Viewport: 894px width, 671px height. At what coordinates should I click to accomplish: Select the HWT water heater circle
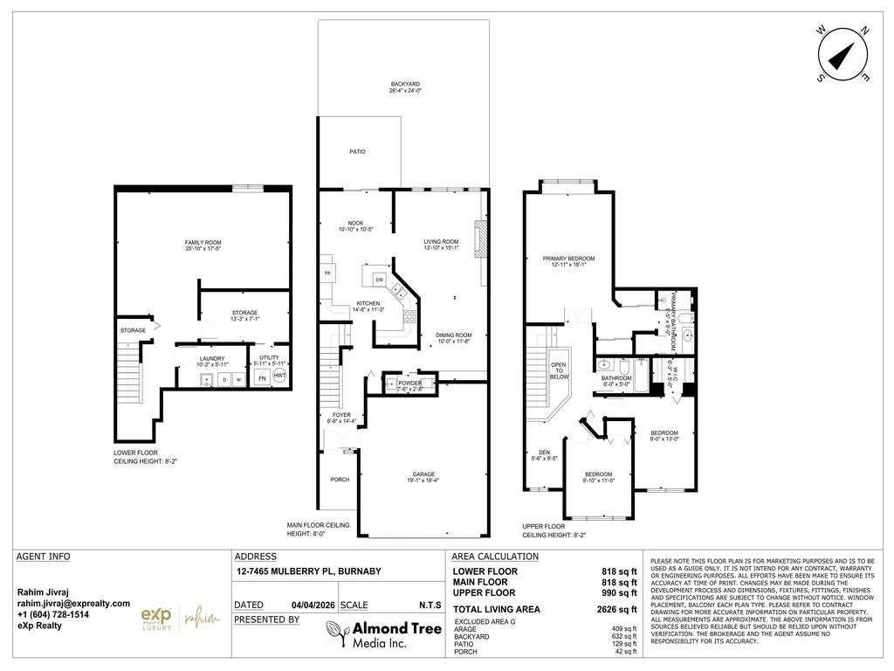pos(279,377)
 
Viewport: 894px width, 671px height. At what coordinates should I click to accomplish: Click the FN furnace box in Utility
pos(261,377)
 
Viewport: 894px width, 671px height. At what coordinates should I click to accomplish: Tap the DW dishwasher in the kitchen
pos(380,280)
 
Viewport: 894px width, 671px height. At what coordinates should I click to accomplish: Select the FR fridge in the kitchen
pos(327,273)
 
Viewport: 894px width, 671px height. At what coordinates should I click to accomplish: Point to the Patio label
pos(357,152)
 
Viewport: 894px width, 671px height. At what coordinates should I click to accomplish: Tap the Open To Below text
pos(559,370)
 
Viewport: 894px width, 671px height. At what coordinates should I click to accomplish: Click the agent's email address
pos(73,604)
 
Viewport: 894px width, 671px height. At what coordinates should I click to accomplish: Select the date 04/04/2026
pos(311,605)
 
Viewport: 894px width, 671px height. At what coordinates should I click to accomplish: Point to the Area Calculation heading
pos(495,557)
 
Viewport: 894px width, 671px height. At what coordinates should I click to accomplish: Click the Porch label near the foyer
pos(340,480)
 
